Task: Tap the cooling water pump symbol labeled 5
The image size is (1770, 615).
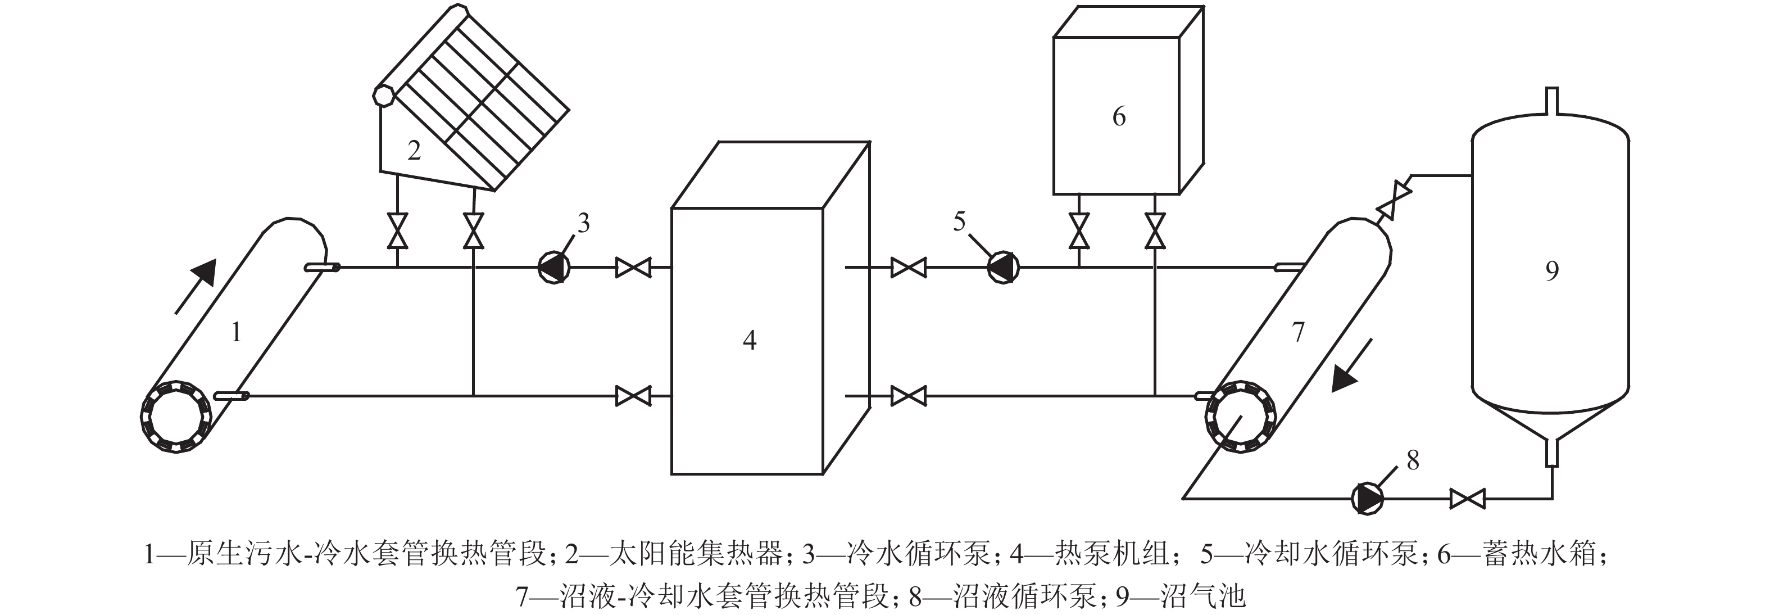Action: (1002, 267)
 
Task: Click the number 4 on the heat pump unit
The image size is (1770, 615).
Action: (750, 340)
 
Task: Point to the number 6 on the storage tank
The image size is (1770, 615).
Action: (1119, 117)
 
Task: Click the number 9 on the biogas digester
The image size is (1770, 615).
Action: (1551, 272)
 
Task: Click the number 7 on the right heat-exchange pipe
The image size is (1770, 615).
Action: (1298, 332)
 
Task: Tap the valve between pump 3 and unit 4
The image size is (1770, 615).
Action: (633, 267)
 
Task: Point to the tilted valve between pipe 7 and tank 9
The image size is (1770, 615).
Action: (1395, 199)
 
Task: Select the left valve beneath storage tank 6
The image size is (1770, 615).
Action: (1079, 230)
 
